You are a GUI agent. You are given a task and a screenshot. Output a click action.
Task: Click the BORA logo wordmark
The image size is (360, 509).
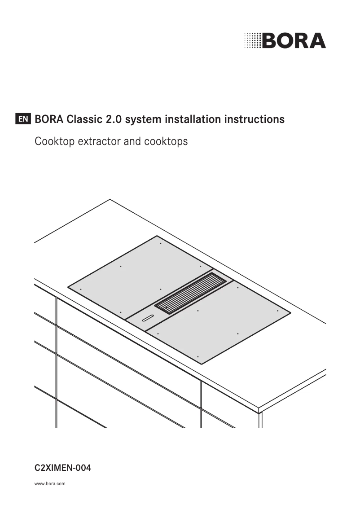pyautogui.click(x=294, y=40)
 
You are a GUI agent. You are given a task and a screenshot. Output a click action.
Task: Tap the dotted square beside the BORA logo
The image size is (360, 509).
pyautogui.click(x=252, y=40)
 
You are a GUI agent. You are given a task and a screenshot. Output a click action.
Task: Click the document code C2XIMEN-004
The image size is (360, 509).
pyautogui.click(x=63, y=468)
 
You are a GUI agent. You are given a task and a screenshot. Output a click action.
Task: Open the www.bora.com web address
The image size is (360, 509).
pyautogui.click(x=50, y=484)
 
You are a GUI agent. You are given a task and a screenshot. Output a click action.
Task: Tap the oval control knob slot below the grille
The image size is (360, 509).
pyautogui.click(x=148, y=319)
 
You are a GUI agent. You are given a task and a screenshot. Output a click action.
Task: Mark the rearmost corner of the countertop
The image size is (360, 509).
pyautogui.click(x=110, y=199)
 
